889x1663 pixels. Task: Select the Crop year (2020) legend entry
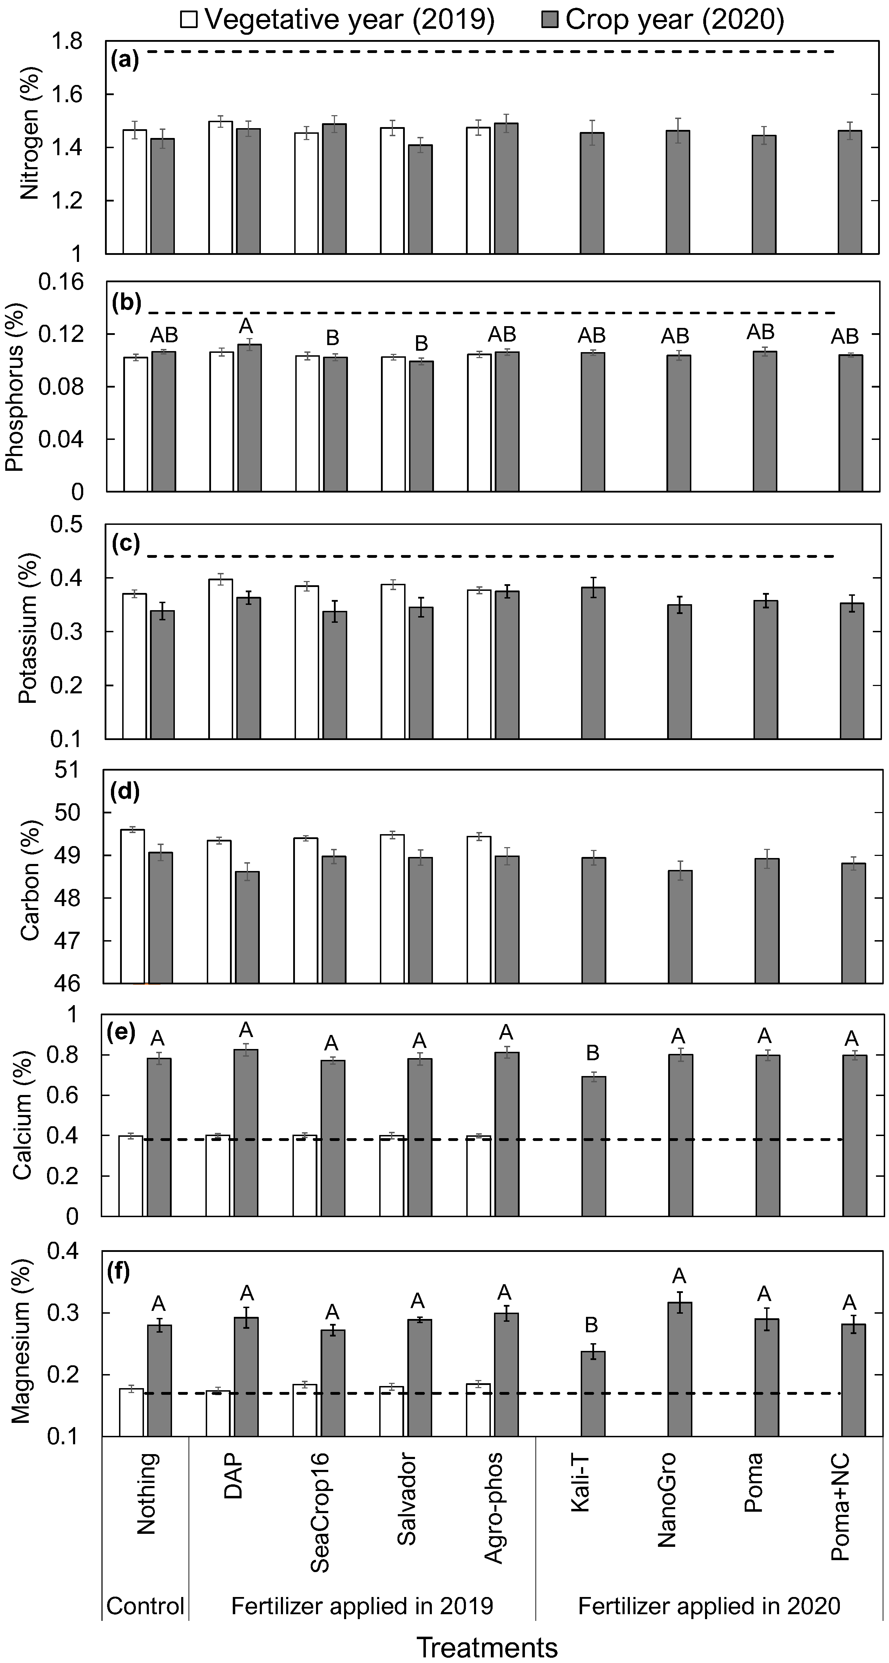(662, 19)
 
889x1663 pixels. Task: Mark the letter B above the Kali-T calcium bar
(592, 1053)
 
